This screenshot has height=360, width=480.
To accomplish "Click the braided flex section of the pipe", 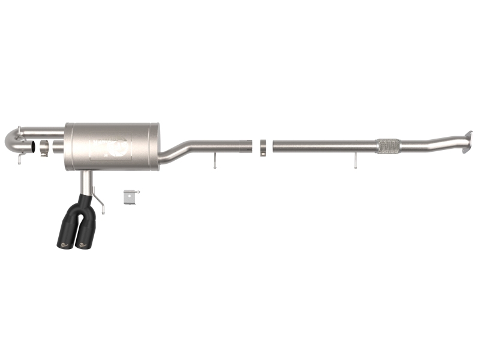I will (x=388, y=146).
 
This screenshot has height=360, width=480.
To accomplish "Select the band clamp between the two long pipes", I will (x=263, y=147).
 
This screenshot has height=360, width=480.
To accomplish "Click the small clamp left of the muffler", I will (x=44, y=148).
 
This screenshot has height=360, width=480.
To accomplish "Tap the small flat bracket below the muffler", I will (x=131, y=196).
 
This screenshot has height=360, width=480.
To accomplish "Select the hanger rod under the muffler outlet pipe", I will (x=214, y=160).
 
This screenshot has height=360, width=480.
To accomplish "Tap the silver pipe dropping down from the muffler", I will (x=87, y=182).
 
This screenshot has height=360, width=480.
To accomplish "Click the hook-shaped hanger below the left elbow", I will (x=20, y=159).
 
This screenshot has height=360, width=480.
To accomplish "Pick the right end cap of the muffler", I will (x=157, y=147).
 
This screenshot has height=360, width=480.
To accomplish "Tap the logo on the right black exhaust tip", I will (x=82, y=244).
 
